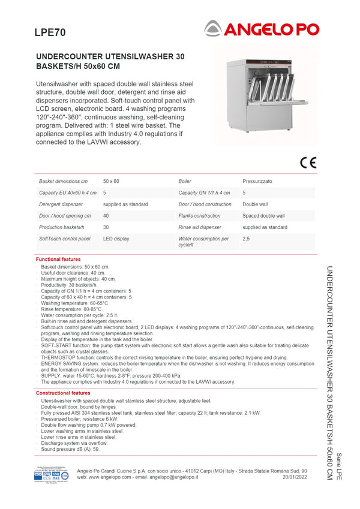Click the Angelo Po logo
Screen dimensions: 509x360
(262, 28)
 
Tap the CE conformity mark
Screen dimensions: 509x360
(308, 161)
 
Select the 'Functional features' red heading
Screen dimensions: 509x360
(58, 259)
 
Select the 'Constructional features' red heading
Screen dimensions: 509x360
(63, 393)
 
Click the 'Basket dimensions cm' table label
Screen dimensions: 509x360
(63, 181)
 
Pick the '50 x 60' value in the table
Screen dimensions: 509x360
(111, 181)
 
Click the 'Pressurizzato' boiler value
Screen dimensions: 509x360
(257, 181)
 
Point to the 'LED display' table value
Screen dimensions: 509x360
(116, 239)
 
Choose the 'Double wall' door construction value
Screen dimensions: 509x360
(255, 204)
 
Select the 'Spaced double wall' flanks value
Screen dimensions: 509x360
(263, 216)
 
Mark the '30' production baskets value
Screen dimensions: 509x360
(106, 227)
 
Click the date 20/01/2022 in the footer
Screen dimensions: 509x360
(295, 477)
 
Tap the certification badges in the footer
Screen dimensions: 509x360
(51, 475)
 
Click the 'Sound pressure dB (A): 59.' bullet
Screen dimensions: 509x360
(70, 448)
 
